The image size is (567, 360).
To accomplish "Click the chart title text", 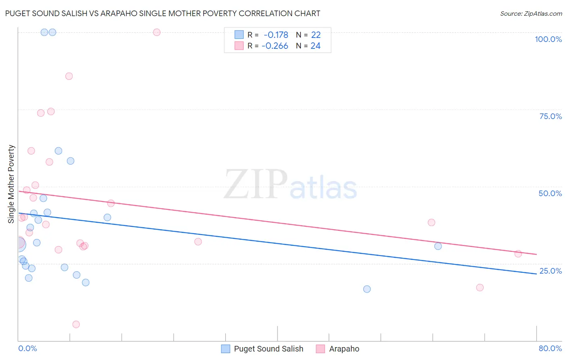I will [x=163, y=13].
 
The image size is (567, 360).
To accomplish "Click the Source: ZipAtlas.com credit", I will [x=531, y=13].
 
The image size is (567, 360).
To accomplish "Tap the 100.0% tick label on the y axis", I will [x=548, y=39].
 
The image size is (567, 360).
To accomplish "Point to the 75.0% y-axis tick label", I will [x=550, y=116].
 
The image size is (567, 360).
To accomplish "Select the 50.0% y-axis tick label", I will [x=550, y=193].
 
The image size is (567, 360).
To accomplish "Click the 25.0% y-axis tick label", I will [x=550, y=270].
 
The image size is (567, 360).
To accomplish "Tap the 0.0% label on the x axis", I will [x=27, y=348].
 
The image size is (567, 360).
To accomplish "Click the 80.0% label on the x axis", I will [x=550, y=348].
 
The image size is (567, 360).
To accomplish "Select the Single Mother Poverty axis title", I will [x=11, y=184].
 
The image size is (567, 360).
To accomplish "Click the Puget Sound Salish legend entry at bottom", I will [x=268, y=349].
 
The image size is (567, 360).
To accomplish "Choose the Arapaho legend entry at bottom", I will [x=344, y=349].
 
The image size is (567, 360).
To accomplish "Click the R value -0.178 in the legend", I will [x=276, y=35].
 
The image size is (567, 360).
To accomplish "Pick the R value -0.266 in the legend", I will [x=275, y=46].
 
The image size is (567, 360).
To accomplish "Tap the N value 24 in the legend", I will [x=315, y=46].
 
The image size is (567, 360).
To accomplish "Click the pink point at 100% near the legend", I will [x=157, y=32].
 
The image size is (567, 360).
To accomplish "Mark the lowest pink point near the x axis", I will [x=76, y=324].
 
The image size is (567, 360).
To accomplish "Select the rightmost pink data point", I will [x=518, y=253].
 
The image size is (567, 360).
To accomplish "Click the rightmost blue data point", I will [x=438, y=246].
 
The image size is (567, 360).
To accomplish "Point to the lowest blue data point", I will [x=367, y=289].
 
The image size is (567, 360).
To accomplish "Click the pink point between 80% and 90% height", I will [x=69, y=76].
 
